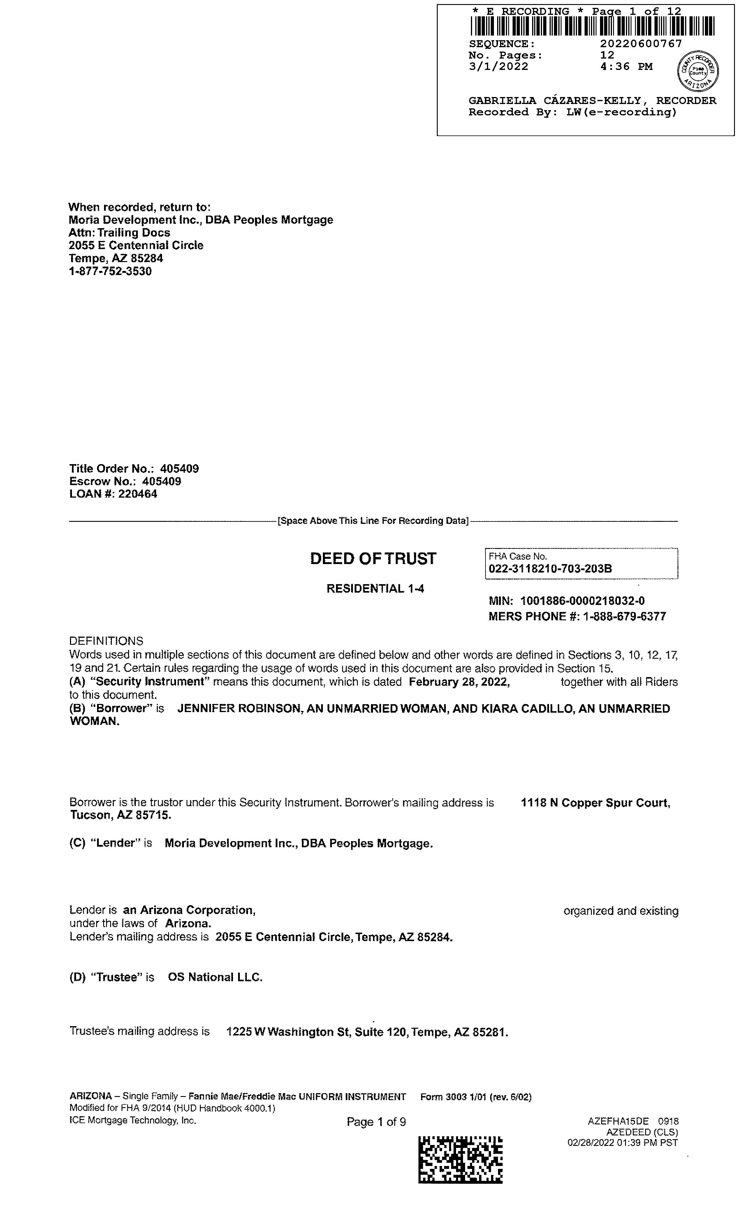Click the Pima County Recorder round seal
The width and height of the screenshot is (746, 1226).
click(698, 71)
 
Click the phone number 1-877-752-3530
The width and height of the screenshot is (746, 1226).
click(110, 271)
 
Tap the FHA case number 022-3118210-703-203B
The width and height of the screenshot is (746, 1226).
click(550, 569)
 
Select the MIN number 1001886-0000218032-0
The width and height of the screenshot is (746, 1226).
click(582, 601)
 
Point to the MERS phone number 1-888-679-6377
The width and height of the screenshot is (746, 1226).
click(624, 616)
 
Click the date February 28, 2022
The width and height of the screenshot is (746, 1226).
click(459, 682)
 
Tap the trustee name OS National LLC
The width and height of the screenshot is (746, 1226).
click(215, 977)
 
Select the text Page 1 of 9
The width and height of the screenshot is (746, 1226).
click(376, 1122)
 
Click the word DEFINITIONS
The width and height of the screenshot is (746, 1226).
click(106, 641)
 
